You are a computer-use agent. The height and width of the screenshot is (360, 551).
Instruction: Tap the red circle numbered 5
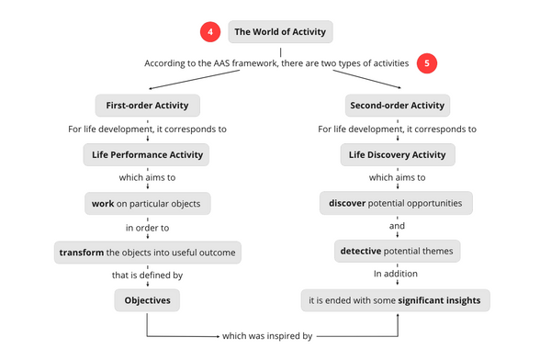pyautogui.click(x=427, y=64)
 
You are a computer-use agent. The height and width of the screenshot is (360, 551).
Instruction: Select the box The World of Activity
pyautogui.click(x=279, y=33)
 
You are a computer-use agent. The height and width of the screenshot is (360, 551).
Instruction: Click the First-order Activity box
pyautogui.click(x=147, y=105)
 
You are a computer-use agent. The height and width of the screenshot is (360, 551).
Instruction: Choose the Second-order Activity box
pyautogui.click(x=397, y=105)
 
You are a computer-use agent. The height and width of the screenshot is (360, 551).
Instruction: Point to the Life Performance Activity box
pyautogui.click(x=147, y=153)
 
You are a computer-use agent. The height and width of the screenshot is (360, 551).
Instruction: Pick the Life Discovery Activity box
pyautogui.click(x=397, y=153)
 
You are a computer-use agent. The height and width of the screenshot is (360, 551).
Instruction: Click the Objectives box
pyautogui.click(x=147, y=299)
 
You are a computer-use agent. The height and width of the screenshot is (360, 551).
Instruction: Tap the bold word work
pyautogui.click(x=103, y=202)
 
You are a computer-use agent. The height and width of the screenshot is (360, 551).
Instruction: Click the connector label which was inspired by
pyautogui.click(x=268, y=336)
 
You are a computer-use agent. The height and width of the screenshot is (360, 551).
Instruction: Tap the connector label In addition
pyautogui.click(x=397, y=275)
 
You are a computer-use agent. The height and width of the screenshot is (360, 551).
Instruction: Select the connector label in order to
pyautogui.click(x=147, y=227)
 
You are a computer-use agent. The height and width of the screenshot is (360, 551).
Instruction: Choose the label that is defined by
pyautogui.click(x=147, y=276)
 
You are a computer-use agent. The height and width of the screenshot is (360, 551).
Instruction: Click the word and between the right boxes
pyautogui.click(x=397, y=226)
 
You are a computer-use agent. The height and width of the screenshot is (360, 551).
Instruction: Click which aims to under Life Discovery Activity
pyautogui.click(x=397, y=177)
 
